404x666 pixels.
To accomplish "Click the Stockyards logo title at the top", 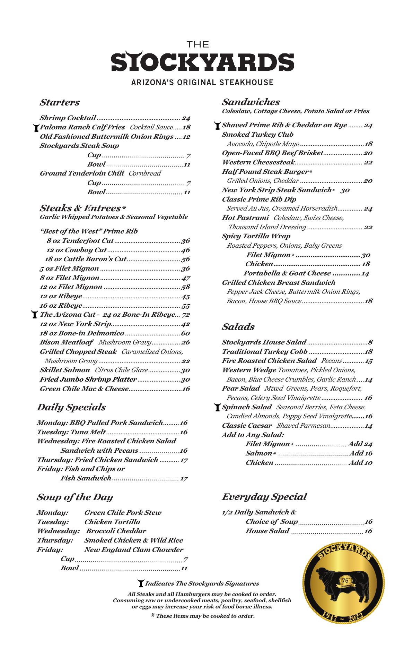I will (202, 62).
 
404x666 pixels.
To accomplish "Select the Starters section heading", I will (60, 103).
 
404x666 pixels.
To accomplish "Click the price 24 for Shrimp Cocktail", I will (186, 118).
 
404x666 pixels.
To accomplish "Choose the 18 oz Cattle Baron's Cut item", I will (86, 259).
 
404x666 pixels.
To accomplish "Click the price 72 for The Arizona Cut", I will (186, 315).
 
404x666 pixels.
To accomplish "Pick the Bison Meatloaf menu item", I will (67, 342).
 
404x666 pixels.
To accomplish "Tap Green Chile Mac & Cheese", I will (84, 389).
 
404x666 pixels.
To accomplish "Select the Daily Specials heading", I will (71, 408).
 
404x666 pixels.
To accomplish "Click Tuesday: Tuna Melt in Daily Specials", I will (71, 432).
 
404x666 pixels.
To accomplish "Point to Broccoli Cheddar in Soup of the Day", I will (116, 531).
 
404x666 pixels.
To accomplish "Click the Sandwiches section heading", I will (251, 102).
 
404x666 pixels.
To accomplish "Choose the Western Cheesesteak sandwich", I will (258, 162).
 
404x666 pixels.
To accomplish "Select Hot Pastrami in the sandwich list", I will (245, 218).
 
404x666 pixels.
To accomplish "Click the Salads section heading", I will (238, 327).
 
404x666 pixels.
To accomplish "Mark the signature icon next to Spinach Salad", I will (217, 407).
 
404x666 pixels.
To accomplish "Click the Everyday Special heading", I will (264, 497).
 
